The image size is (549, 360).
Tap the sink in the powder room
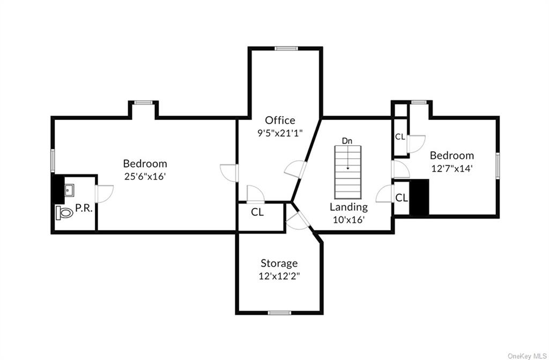tap(69, 189)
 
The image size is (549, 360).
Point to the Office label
tap(280, 120)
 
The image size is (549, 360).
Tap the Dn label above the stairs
tap(347, 140)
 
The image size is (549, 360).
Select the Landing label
tap(348, 207)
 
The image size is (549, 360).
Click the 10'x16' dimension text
tap(348, 219)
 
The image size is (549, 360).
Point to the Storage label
tap(279, 263)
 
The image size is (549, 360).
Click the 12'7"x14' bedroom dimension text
tap(451, 168)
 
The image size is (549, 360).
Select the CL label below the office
tap(257, 212)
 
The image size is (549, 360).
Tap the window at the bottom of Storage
tap(279, 312)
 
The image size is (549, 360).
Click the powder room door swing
tap(104, 193)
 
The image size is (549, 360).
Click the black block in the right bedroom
tap(419, 198)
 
